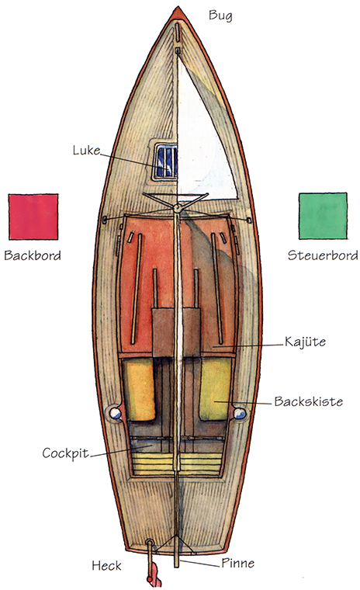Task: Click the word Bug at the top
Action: (x=220, y=16)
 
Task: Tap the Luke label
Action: (x=87, y=151)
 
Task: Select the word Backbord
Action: (x=33, y=255)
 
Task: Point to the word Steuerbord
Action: (x=323, y=255)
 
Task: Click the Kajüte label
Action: (x=305, y=342)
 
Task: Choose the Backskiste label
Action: (x=309, y=401)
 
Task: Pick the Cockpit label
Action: (x=65, y=453)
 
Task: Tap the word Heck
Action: (x=107, y=565)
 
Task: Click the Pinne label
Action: (x=237, y=563)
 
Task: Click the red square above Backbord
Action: (x=33, y=217)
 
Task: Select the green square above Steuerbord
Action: (x=323, y=216)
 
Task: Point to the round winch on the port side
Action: (x=116, y=414)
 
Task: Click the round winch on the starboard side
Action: (x=240, y=414)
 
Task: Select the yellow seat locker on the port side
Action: (x=138, y=389)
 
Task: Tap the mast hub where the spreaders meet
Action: (x=177, y=207)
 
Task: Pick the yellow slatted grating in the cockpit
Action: (x=177, y=463)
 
